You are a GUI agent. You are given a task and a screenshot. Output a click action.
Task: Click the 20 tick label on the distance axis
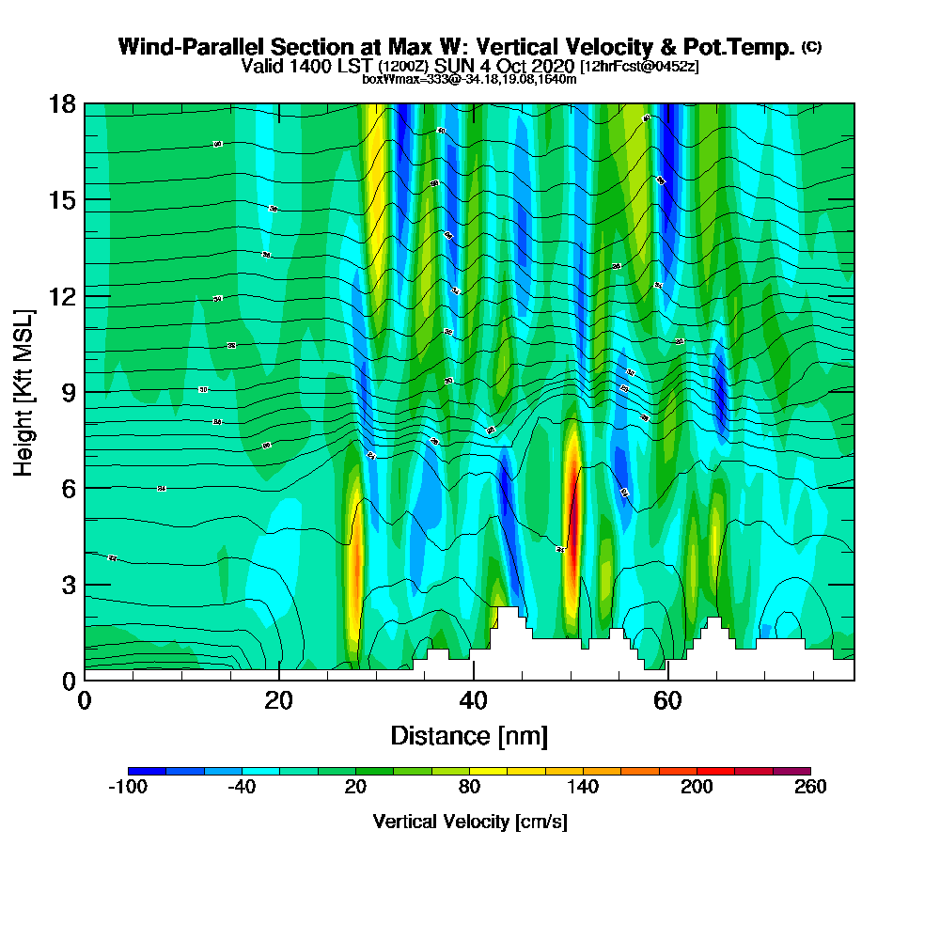(x=278, y=701)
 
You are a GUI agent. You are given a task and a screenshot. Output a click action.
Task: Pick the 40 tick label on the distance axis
(x=473, y=701)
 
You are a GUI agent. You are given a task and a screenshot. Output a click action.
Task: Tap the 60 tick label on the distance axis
(x=666, y=701)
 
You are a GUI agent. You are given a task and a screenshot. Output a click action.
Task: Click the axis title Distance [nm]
(x=469, y=735)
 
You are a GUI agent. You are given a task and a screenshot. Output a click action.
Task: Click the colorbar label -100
(x=128, y=787)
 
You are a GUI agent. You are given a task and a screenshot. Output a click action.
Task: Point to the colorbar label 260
(x=810, y=787)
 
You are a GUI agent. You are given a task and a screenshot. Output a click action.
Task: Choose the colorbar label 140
(x=583, y=787)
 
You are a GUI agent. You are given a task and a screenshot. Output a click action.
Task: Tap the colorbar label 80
(x=469, y=787)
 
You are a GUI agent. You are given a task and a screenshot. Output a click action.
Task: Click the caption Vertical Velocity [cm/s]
(x=469, y=822)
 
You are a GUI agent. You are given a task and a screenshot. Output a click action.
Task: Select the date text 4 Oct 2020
(x=527, y=66)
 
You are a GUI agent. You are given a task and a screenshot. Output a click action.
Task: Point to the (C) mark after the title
(x=811, y=46)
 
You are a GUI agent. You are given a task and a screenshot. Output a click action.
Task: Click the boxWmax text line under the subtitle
(x=469, y=79)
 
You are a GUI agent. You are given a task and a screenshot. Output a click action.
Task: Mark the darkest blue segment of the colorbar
(x=147, y=771)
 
